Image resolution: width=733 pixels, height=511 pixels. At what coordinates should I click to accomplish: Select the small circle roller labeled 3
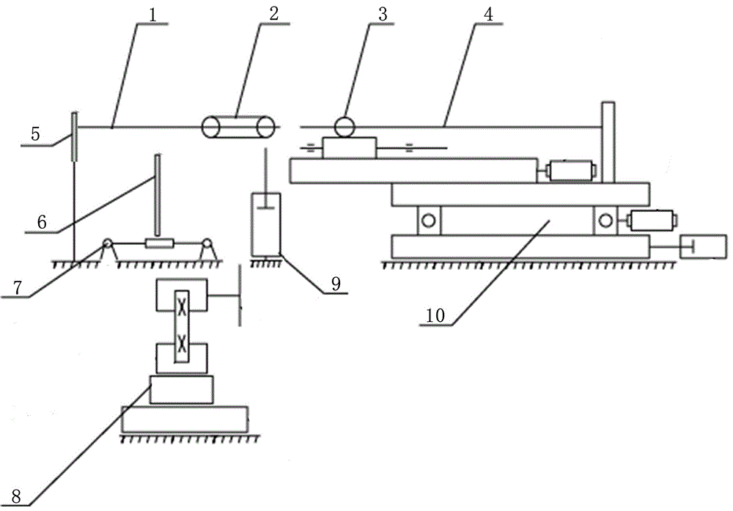coord(342,127)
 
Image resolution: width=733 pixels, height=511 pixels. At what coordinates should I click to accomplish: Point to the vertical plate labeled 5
coord(74,136)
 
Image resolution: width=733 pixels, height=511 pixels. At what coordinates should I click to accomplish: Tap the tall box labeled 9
coord(266,224)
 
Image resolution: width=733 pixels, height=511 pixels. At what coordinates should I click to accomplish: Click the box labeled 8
coord(181,389)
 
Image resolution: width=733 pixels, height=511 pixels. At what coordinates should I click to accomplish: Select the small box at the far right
coord(704,247)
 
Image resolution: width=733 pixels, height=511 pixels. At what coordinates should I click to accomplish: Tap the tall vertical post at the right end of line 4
coord(608,142)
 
